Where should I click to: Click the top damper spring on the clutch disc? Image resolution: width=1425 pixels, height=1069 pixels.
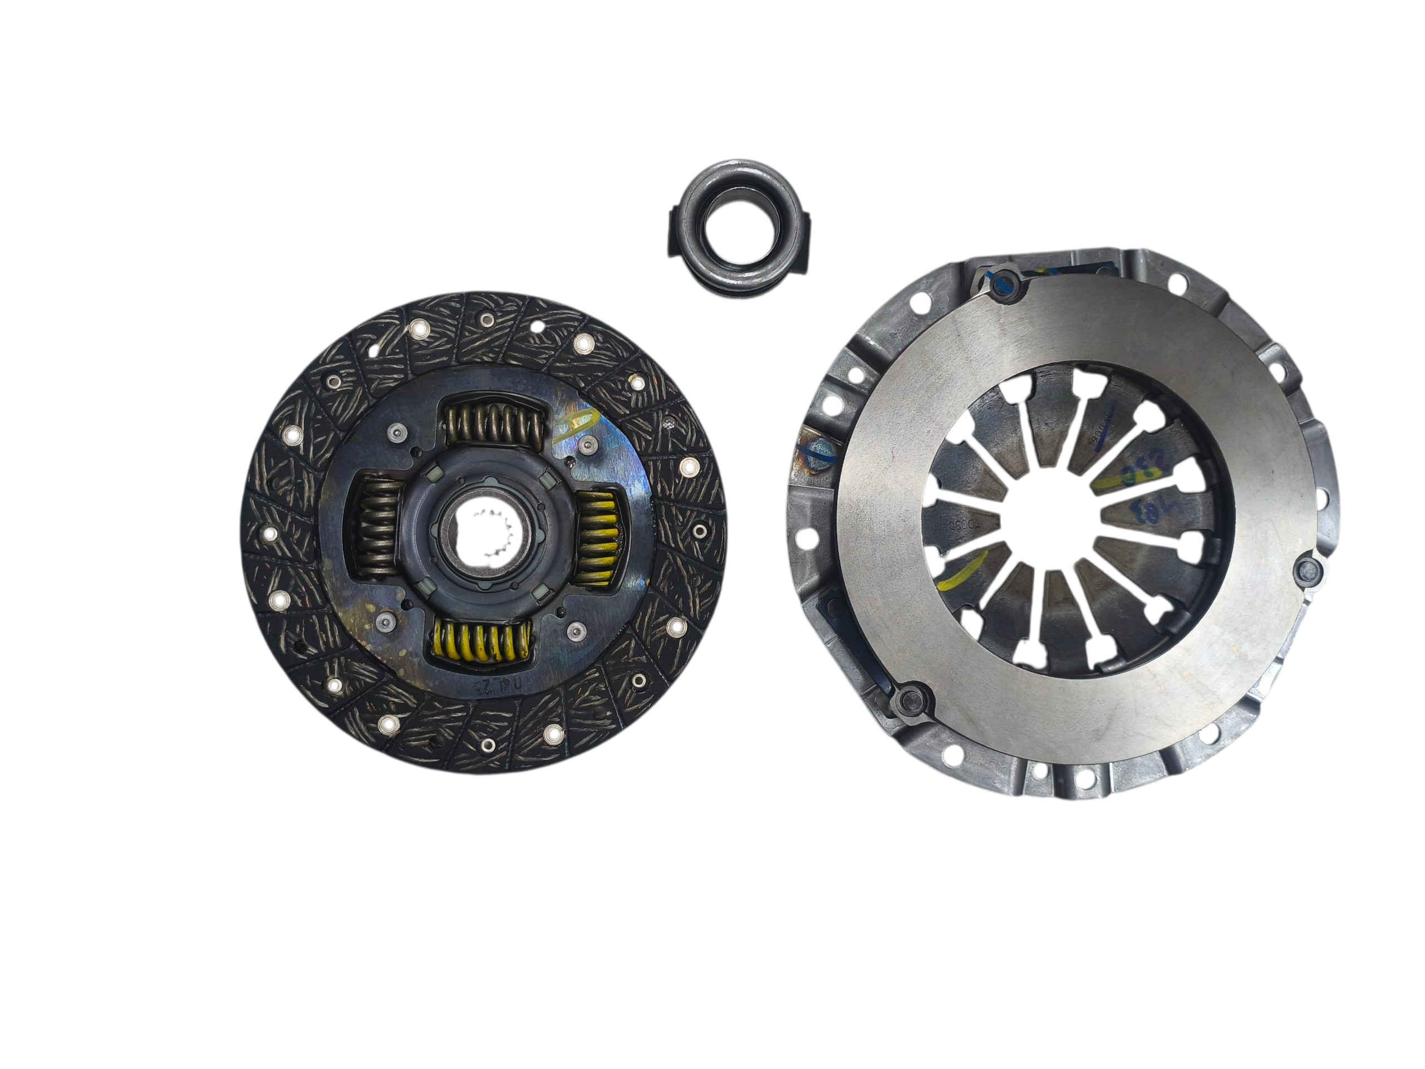(494, 421)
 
